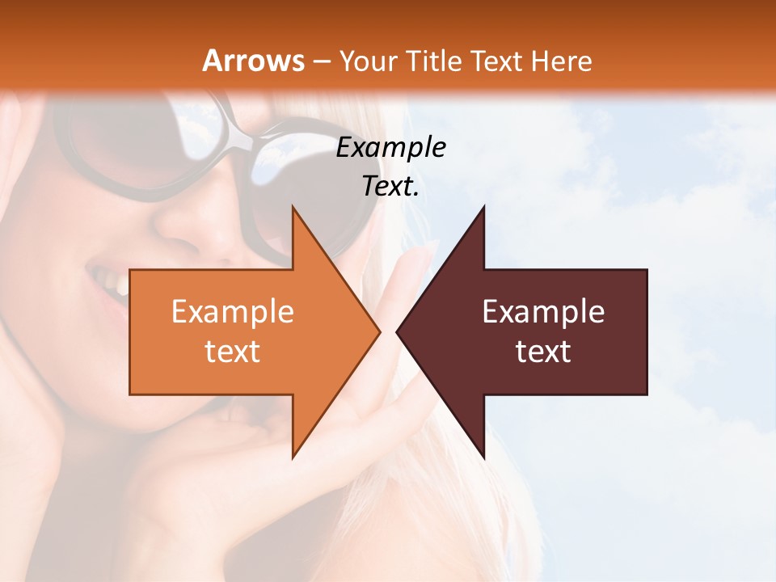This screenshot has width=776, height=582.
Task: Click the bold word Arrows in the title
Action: (x=253, y=61)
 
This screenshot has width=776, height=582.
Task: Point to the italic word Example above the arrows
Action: (x=390, y=147)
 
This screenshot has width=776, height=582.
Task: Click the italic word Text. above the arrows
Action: (x=390, y=186)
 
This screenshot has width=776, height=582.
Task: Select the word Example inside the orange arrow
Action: (x=233, y=312)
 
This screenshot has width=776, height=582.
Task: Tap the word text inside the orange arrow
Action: (x=233, y=352)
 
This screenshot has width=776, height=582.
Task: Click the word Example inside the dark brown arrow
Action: (x=543, y=312)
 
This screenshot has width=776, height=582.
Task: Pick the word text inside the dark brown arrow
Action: (x=543, y=352)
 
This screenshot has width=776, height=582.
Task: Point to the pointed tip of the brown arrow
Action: (x=398, y=331)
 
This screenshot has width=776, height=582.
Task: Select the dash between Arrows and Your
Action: (x=321, y=61)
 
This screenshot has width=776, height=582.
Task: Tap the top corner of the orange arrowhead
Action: (x=293, y=208)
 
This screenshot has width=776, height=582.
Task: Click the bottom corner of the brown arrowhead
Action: (x=483, y=457)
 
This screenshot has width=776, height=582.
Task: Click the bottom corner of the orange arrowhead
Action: (x=293, y=457)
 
